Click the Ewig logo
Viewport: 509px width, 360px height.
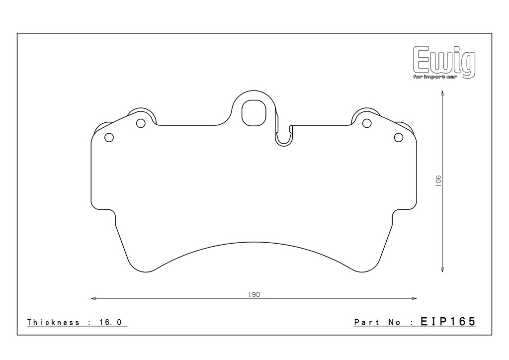pos(444,62)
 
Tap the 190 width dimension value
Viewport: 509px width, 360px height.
pos(254,295)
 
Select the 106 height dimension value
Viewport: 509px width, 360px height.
pos(438,181)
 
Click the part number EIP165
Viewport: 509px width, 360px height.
pos(448,321)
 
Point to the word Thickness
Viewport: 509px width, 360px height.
pos(53,322)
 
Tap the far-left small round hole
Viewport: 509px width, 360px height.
pos(109,137)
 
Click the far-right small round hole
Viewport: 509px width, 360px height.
pos(398,137)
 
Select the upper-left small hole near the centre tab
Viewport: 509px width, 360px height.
pos(141,123)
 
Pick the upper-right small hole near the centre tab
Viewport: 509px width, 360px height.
pos(367,123)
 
